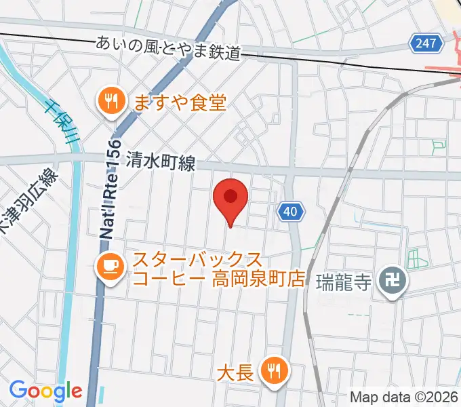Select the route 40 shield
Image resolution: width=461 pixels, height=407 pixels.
pyautogui.click(x=290, y=212)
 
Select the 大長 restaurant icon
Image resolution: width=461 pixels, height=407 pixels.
pyautogui.click(x=275, y=370)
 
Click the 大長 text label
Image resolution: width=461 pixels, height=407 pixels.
pyautogui.click(x=235, y=372)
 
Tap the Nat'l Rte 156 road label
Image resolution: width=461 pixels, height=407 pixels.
pyautogui.click(x=110, y=190)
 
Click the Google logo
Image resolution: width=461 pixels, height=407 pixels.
pyautogui.click(x=45, y=391)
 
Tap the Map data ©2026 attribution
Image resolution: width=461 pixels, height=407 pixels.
pyautogui.click(x=403, y=396)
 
